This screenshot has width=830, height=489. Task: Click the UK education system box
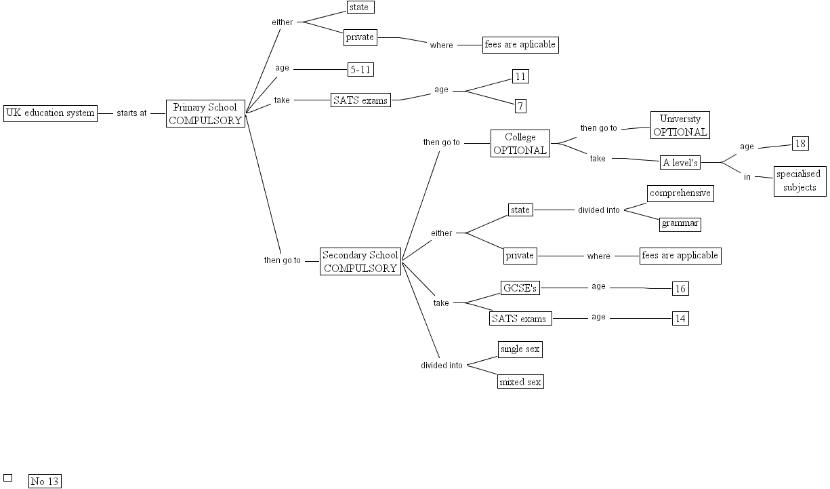point(50,113)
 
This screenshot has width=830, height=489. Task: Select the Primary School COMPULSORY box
point(205,114)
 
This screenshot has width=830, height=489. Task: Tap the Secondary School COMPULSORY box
point(360,262)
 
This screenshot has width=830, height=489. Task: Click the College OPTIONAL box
point(520,144)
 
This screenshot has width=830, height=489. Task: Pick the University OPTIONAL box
point(680,125)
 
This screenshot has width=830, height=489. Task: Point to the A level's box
point(680,163)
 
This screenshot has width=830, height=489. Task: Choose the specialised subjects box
point(800,181)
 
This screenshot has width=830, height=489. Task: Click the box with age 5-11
point(360,69)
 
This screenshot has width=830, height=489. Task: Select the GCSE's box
point(520,288)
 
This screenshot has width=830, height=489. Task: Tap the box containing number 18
point(800,144)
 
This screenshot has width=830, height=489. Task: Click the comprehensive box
point(680,193)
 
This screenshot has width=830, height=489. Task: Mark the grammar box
point(680,224)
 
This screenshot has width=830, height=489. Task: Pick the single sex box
point(520,349)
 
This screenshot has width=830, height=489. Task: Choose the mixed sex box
point(520,381)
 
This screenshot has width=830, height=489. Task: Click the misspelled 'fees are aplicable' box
point(520,45)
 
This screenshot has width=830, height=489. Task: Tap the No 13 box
point(45,482)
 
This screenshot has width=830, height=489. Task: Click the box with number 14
point(680,318)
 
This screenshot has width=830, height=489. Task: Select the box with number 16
point(680,289)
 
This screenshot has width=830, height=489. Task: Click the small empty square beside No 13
point(8,477)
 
